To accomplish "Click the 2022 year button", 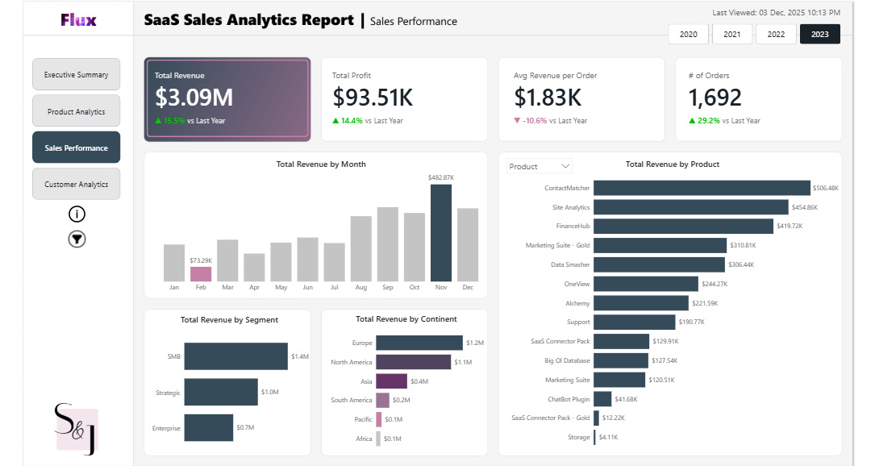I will [x=776, y=34].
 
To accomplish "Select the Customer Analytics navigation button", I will [x=77, y=184].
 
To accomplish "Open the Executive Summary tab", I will [x=77, y=74].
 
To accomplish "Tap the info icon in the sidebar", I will [x=77, y=214].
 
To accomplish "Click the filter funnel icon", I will [x=77, y=239].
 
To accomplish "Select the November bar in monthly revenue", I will [x=441, y=232].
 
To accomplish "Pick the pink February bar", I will [x=201, y=273].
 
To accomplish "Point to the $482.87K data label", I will [x=441, y=177].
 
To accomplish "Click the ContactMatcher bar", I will [x=702, y=188].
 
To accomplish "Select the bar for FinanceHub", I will [x=682, y=227].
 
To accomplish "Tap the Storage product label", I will [x=578, y=437].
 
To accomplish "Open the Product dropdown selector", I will [x=540, y=166].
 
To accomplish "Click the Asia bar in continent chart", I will [x=392, y=381].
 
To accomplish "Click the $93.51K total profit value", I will [x=373, y=98].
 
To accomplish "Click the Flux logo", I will [x=78, y=19].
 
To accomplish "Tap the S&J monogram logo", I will [x=76, y=429].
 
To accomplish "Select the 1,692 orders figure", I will [x=715, y=98].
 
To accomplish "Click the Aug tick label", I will [x=360, y=287].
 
